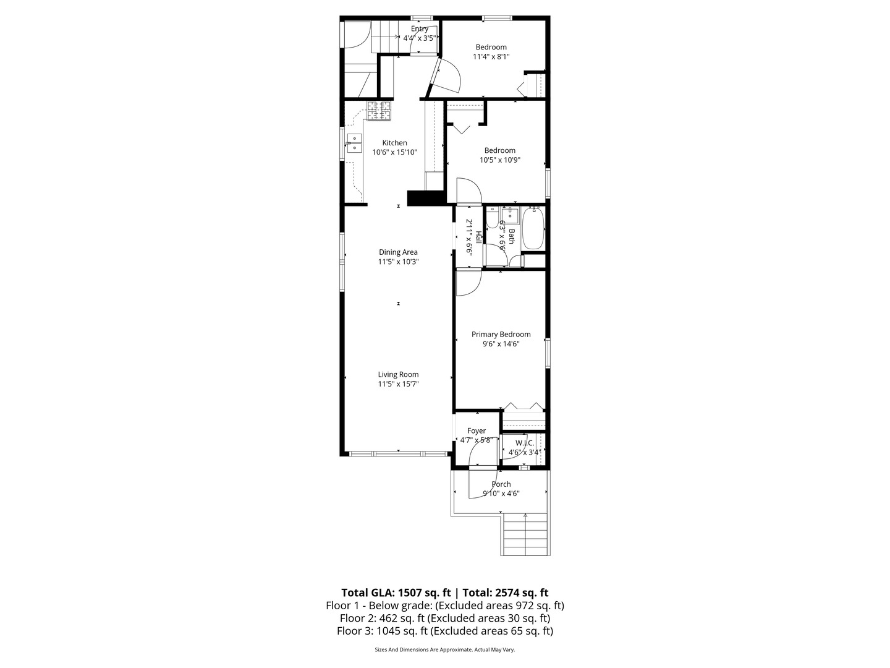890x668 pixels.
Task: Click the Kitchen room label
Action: (394, 143)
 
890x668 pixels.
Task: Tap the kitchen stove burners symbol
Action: (379, 111)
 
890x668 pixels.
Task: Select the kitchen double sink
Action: (354, 143)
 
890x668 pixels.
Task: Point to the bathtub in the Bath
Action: (533, 229)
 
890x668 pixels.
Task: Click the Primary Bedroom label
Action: (501, 335)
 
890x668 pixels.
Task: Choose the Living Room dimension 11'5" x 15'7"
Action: (398, 384)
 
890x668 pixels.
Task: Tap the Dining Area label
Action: (398, 252)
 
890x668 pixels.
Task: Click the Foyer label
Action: (476, 431)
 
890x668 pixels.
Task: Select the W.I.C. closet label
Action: (524, 443)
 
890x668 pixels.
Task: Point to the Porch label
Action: (501, 484)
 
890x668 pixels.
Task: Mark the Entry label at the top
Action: (420, 29)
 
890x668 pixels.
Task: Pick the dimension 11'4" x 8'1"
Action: (491, 57)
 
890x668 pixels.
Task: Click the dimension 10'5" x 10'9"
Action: (499, 160)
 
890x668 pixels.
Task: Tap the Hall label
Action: (478, 237)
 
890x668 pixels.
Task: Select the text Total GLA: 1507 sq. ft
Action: (396, 593)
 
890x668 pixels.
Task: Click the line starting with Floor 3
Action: (444, 631)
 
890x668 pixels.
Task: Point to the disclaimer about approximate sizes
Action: (444, 649)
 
